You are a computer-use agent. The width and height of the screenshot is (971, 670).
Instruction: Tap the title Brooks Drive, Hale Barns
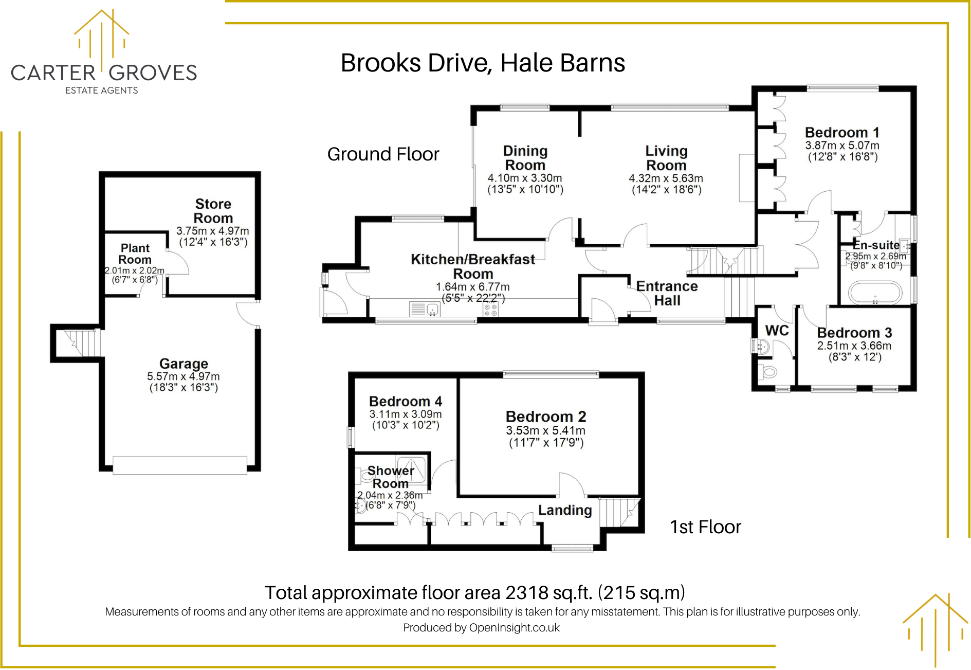483,63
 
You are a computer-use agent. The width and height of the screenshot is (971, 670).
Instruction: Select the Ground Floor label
383,154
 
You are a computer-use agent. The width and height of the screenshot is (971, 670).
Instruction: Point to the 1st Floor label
705,527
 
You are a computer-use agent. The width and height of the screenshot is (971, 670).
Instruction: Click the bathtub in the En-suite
875,293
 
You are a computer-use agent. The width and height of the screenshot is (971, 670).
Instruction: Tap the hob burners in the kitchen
491,310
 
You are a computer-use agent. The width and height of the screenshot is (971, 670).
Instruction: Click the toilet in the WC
768,371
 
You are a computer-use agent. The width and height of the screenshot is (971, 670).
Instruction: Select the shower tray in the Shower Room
411,468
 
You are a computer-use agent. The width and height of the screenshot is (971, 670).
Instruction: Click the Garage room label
184,364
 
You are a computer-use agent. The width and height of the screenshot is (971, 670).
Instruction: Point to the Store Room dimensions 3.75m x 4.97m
212,231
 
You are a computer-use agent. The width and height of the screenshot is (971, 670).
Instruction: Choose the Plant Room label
135,254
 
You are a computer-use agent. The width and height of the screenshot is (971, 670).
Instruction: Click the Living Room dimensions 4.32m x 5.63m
666,178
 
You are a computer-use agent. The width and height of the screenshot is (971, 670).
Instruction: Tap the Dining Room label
525,158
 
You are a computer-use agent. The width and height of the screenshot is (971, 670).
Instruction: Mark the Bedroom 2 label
546,417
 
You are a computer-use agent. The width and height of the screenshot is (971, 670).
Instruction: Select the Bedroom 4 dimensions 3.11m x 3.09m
405,414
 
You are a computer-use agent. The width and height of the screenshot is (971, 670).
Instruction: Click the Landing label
565,510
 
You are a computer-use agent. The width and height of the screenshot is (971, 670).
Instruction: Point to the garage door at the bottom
179,465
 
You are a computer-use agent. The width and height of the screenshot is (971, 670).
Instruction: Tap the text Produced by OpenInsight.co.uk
481,628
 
